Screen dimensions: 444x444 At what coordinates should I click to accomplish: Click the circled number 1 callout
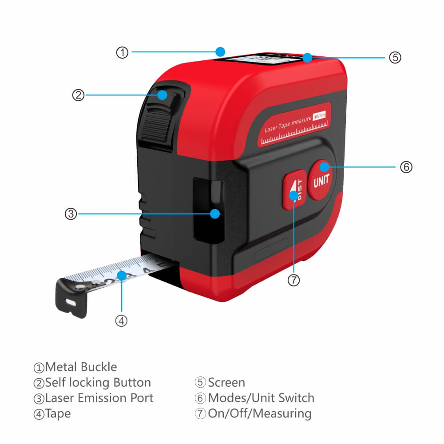[122, 52]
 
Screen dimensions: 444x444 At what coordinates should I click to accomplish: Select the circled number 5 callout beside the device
[395, 57]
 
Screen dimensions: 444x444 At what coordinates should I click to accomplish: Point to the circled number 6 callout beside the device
[406, 167]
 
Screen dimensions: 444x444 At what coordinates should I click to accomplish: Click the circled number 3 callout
[71, 214]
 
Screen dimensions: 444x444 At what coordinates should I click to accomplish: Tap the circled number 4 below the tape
[122, 321]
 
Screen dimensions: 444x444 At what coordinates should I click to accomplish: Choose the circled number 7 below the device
[293, 280]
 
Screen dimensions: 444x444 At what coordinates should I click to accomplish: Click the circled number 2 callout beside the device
[78, 95]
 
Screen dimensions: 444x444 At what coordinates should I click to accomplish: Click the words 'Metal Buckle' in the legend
[81, 367]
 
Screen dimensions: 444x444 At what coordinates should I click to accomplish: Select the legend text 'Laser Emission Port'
[99, 398]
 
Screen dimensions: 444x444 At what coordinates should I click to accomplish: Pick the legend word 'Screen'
[226, 383]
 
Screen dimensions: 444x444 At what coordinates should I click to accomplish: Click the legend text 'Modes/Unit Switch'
[261, 398]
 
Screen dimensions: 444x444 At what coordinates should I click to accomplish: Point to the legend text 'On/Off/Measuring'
[260, 413]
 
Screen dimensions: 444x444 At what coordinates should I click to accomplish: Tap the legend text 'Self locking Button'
[98, 383]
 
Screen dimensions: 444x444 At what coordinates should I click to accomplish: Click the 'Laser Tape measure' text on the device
[287, 123]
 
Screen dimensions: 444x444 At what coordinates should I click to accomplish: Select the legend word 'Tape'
[58, 413]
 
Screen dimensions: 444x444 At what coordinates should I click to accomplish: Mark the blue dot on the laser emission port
[215, 214]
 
